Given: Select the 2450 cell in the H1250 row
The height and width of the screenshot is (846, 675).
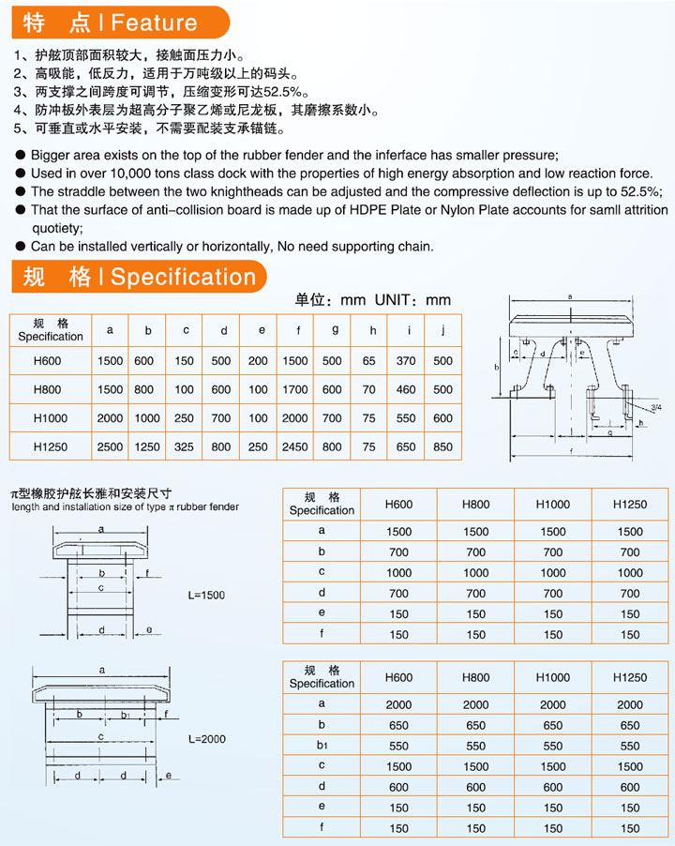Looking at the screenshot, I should [295, 447].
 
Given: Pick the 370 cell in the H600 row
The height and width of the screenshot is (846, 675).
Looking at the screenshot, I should [406, 360].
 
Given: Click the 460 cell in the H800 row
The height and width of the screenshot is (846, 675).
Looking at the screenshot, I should [406, 389].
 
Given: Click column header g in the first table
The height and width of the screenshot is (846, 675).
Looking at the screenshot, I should [335, 329].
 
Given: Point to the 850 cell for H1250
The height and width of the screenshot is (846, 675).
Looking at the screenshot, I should [442, 447].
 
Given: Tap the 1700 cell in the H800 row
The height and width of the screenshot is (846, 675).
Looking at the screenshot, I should [295, 389].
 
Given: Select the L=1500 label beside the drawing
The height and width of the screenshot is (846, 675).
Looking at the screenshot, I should [206, 595].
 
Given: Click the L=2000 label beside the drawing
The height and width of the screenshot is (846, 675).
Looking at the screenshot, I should [206, 739].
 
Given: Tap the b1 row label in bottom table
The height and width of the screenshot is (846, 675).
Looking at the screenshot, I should [322, 746].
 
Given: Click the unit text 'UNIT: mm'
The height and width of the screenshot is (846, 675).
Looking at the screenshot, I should [412, 300].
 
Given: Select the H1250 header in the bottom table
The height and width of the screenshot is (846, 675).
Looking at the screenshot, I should [630, 676].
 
